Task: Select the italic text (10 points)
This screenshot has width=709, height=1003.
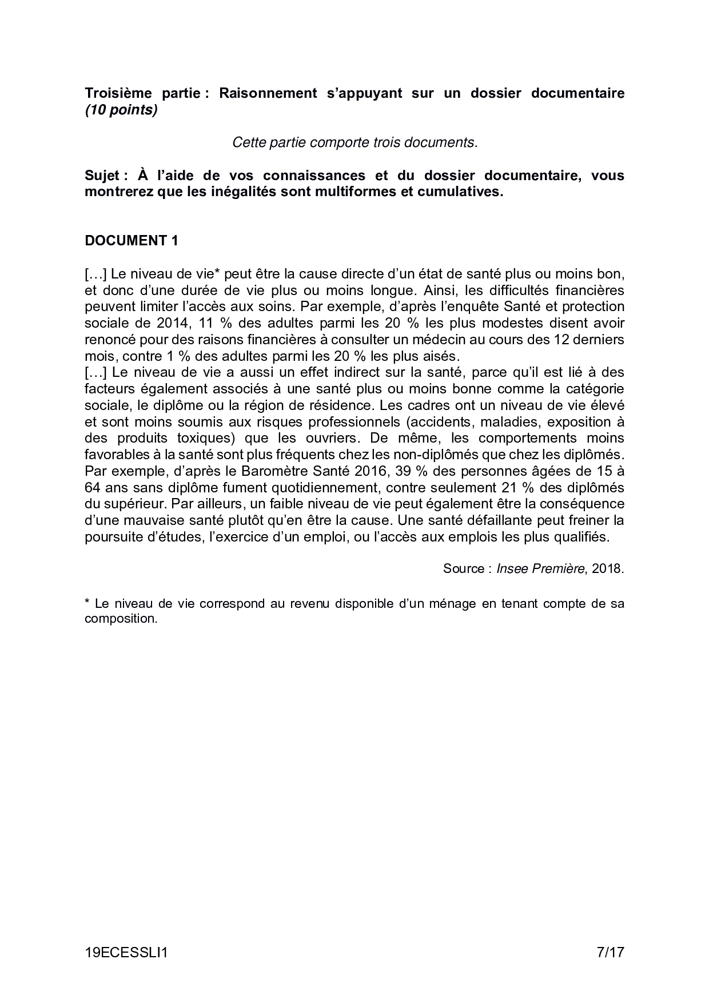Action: [x=121, y=110]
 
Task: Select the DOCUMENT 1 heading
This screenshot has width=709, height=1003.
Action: [x=132, y=241]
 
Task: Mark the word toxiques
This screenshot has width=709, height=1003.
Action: [x=205, y=439]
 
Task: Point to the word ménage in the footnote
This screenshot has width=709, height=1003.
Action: [x=452, y=603]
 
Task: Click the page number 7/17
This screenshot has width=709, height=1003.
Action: [x=610, y=953]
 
